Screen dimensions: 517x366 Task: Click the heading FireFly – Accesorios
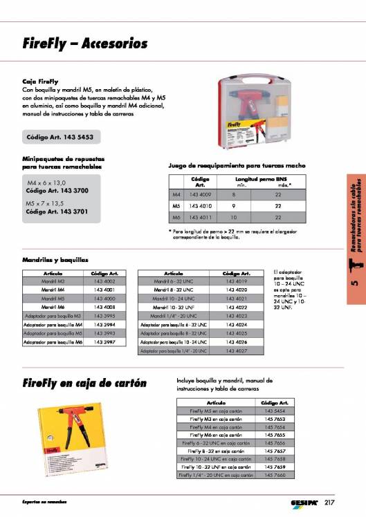point(85,44)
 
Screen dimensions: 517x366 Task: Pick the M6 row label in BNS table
point(176,217)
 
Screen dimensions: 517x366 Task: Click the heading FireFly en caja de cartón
point(85,384)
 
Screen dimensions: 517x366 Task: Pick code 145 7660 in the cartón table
point(275,475)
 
